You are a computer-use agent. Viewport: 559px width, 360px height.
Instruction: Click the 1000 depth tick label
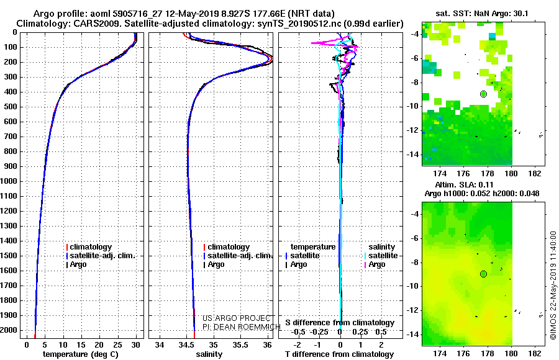point(9,181)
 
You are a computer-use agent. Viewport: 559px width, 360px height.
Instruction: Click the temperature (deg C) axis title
point(81,354)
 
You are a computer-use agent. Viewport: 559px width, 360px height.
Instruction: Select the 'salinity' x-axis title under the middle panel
point(209,354)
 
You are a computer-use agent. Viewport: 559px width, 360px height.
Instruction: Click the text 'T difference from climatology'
point(339,354)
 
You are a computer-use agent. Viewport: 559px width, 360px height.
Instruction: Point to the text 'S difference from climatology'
point(340,323)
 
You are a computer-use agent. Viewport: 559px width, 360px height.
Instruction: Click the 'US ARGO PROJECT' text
point(237,318)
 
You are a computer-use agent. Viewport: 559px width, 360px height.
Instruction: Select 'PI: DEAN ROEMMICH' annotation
point(242,326)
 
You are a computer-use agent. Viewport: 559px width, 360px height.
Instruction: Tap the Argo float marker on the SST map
point(483,94)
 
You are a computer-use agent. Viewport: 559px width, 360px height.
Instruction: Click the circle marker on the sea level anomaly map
point(483,274)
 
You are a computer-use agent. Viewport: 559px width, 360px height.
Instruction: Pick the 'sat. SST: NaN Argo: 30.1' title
point(482,14)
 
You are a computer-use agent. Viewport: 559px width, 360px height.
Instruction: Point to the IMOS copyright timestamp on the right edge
point(553,285)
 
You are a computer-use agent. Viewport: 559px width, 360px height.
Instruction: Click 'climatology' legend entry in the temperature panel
point(89,247)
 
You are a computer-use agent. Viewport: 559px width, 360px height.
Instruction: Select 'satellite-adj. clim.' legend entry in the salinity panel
point(238,256)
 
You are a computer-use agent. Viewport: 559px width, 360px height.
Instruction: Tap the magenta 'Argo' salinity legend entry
point(375,264)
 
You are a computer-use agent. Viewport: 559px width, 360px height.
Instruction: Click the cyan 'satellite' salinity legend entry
point(381,256)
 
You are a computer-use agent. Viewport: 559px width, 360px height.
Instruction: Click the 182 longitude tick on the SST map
point(535,174)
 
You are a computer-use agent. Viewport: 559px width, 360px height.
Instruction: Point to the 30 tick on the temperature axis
point(135,345)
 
